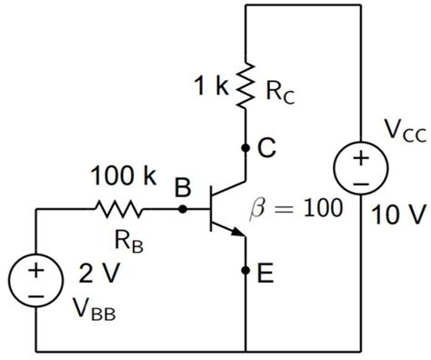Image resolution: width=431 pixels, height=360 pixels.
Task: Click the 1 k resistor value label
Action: [x=211, y=88]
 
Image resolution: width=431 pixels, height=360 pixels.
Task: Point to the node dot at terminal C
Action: [x=246, y=146]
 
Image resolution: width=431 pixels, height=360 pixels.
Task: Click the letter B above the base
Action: [x=183, y=187]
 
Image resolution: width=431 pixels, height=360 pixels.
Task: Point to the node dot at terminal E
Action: [x=246, y=271]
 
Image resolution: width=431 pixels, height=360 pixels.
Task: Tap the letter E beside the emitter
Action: [x=266, y=272]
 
